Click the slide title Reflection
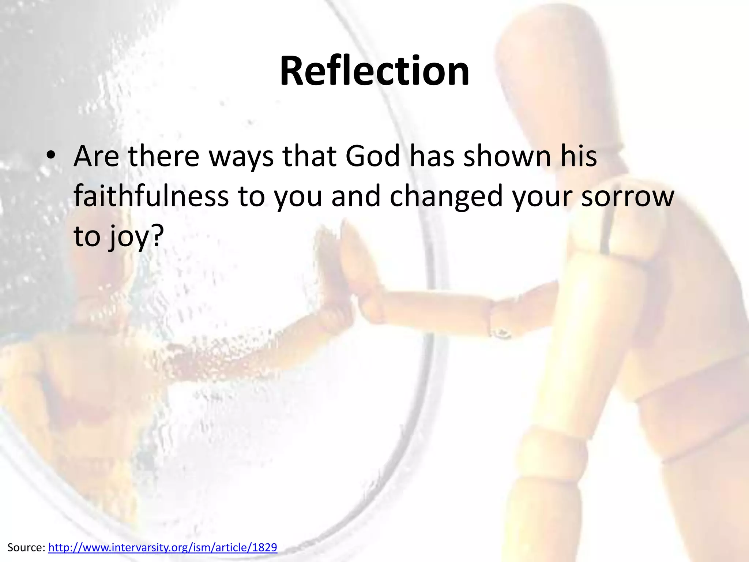tap(374, 71)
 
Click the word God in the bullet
tap(373, 156)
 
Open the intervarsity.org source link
tap(163, 547)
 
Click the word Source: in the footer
tap(26, 547)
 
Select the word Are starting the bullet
tap(96, 156)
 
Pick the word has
tap(432, 156)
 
